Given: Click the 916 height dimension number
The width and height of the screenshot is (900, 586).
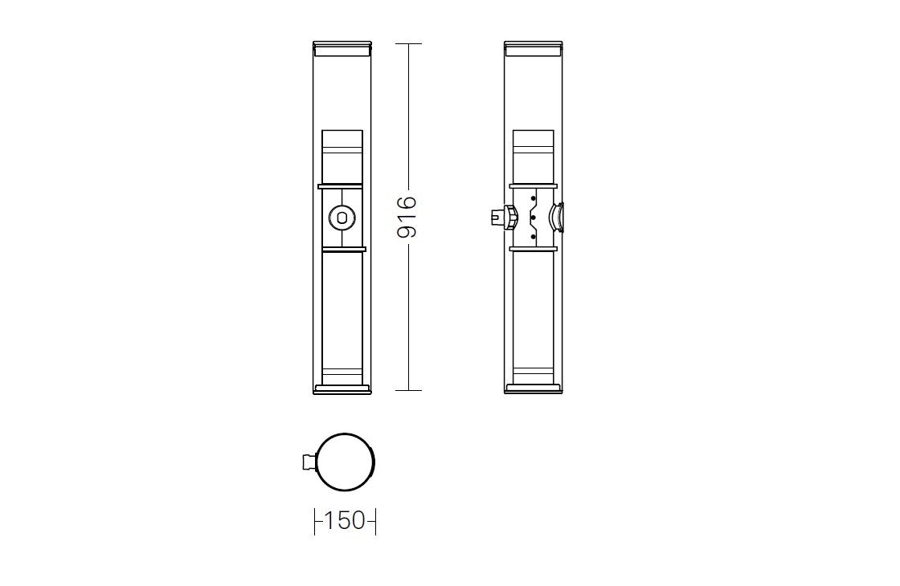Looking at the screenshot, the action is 407,217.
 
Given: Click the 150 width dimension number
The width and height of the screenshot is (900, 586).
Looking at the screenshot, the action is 345,521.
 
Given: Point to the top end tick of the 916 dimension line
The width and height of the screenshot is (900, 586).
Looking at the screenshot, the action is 408,43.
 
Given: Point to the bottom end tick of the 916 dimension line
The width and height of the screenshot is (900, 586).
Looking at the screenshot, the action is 408,390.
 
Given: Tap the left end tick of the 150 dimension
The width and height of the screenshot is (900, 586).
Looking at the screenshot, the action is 314,521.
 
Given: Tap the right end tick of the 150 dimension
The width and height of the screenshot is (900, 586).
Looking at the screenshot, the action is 375,521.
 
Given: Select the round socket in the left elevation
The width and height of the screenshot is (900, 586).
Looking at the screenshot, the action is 342,218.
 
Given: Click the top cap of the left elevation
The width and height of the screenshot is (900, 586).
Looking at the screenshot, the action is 342,49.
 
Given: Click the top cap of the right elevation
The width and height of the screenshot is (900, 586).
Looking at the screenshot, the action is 534,49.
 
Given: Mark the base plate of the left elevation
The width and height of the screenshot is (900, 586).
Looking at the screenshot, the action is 342,389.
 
